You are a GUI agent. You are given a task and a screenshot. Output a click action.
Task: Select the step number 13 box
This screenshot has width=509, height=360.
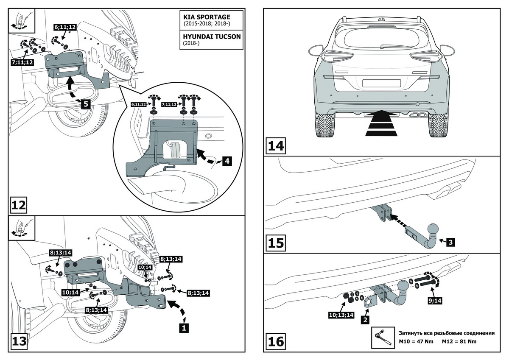(x=20, y=341)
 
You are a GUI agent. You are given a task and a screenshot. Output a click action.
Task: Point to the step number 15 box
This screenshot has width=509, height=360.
(x=276, y=243)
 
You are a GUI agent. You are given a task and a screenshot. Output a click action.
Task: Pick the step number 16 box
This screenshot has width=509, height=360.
(x=276, y=341)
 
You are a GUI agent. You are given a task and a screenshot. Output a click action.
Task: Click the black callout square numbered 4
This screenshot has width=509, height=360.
(x=227, y=161)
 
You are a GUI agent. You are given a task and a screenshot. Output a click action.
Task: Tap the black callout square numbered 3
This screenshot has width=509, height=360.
(x=451, y=242)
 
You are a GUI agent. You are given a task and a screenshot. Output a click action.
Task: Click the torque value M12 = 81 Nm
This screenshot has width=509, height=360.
(x=459, y=341)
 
